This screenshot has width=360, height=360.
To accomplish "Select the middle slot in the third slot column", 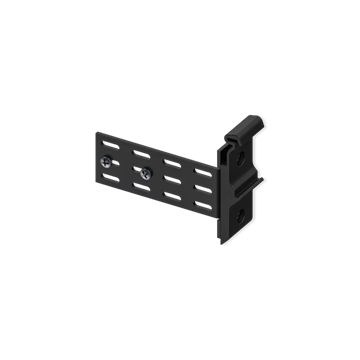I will pos(172,180).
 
